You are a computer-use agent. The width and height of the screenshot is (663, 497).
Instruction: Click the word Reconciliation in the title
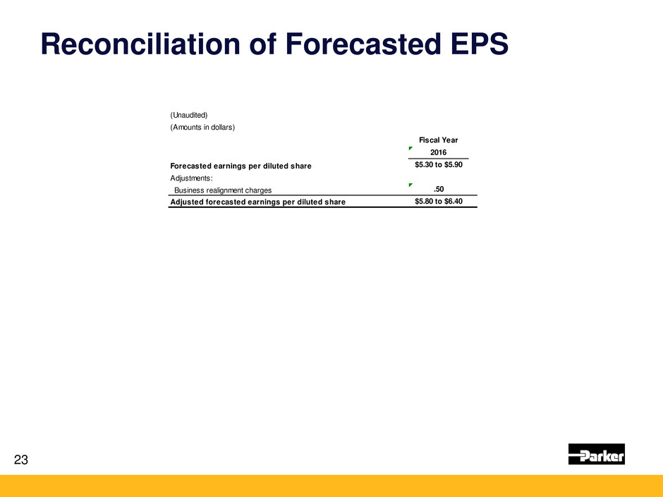(x=140, y=44)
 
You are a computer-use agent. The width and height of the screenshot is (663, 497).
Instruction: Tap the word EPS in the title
(x=480, y=44)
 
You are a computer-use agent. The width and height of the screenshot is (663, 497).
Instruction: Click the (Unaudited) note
(x=188, y=115)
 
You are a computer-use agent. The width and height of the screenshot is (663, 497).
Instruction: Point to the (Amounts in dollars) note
(x=202, y=127)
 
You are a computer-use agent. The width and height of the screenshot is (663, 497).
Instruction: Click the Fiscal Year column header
(x=438, y=140)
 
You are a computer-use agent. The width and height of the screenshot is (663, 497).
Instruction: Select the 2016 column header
(x=438, y=152)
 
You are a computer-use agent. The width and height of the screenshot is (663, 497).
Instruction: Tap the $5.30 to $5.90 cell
(x=439, y=164)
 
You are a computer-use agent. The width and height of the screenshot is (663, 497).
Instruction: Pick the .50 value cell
(x=439, y=189)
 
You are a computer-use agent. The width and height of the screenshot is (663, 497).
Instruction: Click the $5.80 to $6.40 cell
(x=439, y=201)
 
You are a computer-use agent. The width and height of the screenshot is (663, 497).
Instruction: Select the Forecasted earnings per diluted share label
(x=241, y=166)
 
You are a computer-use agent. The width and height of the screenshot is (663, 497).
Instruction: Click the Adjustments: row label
(x=191, y=178)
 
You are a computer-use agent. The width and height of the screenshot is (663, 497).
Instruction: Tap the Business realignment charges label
(x=223, y=190)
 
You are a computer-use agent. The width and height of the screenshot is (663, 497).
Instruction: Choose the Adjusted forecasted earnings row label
(x=257, y=202)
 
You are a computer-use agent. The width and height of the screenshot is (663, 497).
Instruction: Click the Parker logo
(x=596, y=454)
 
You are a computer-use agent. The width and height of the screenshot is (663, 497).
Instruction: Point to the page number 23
(x=21, y=460)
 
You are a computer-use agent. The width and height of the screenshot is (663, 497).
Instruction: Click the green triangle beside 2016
(x=410, y=148)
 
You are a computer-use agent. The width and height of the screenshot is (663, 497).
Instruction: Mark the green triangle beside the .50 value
(x=410, y=185)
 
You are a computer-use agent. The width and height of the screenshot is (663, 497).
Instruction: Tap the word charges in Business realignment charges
(x=258, y=190)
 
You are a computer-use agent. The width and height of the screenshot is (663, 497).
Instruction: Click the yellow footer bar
(x=331, y=486)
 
